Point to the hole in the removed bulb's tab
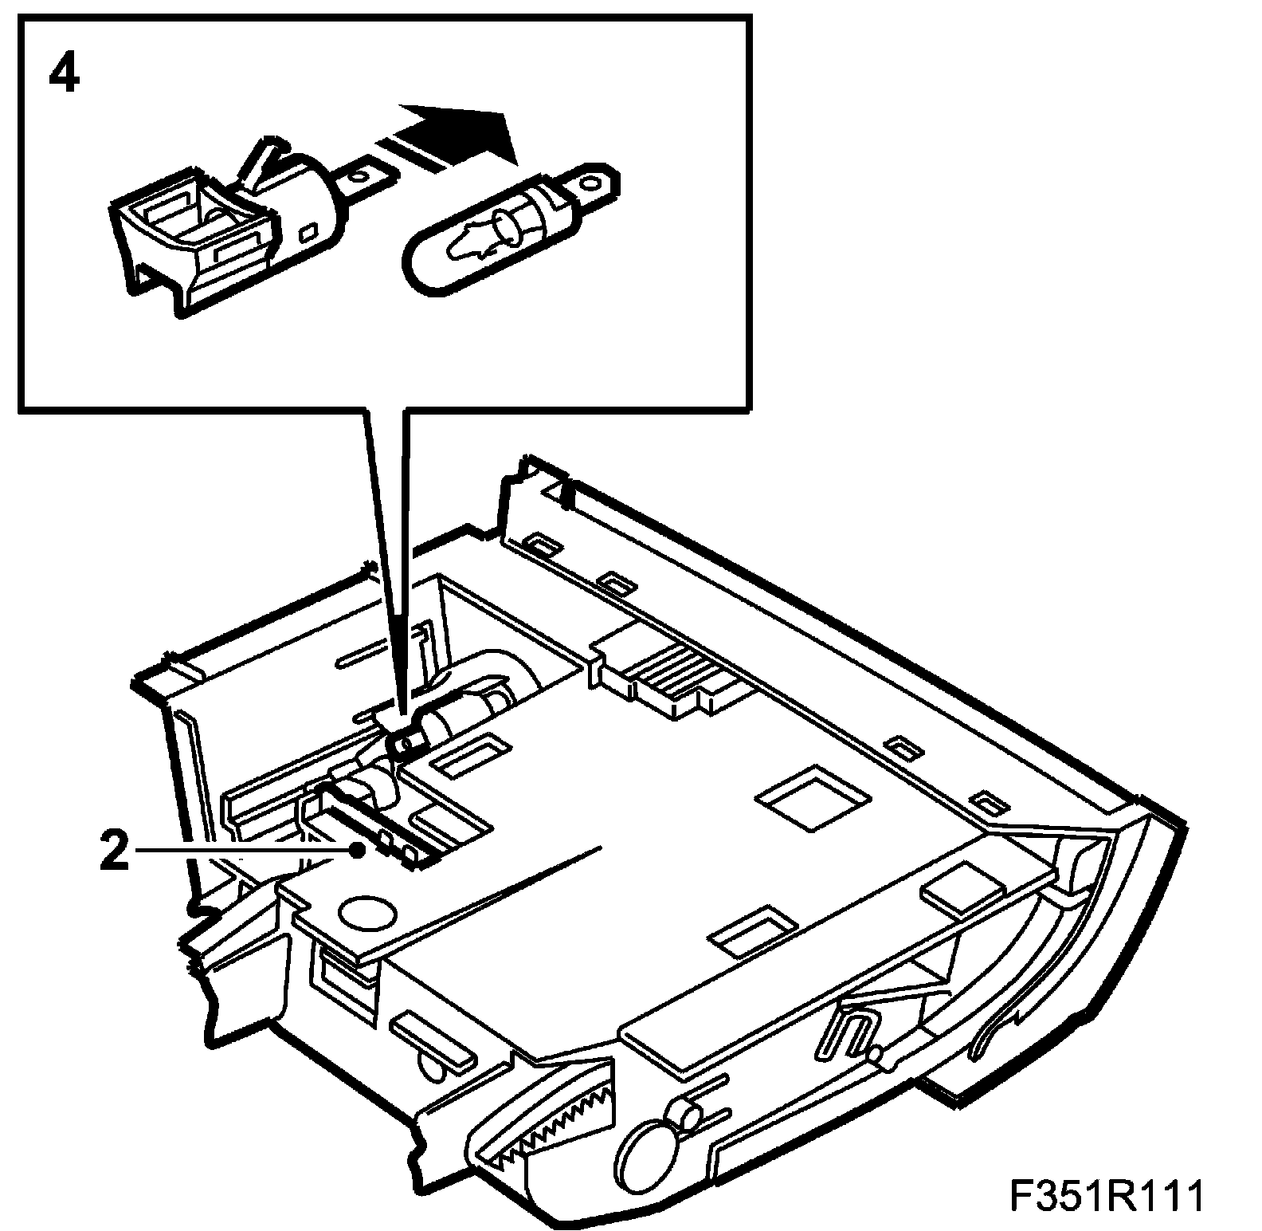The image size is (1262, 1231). (x=590, y=182)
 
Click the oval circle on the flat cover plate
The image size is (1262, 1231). (x=366, y=911)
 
